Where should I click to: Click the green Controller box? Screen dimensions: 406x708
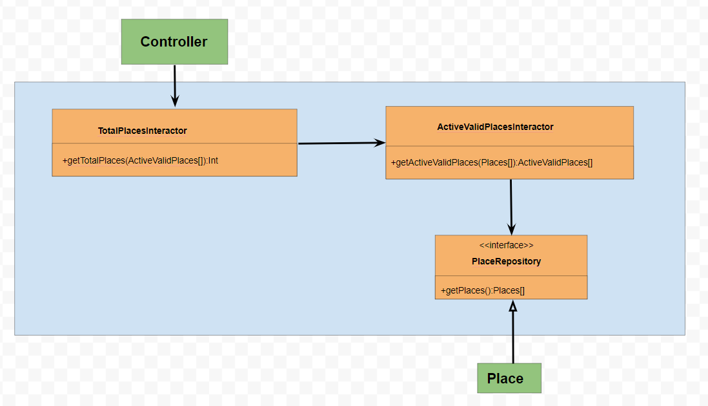pos(174,41)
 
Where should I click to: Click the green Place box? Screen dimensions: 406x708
pos(509,378)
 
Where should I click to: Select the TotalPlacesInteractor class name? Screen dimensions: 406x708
pos(142,131)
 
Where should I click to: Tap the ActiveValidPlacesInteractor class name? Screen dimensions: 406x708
pos(495,127)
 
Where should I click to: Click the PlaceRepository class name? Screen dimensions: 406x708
pos(506,262)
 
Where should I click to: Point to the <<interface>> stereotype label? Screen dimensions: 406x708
pos(506,246)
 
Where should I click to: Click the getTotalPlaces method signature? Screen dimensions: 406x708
pos(140,160)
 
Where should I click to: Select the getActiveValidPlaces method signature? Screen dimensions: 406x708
pos(491,162)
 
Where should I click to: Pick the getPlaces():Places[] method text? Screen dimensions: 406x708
pos(482,291)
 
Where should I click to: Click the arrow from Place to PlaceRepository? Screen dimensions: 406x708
pos(513,336)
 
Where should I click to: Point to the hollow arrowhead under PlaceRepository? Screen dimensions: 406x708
pos(513,306)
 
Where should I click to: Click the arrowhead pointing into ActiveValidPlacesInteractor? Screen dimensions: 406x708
pos(380,143)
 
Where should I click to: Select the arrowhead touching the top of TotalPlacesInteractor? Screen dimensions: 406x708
pos(175,101)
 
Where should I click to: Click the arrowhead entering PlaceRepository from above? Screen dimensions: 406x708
pos(511,229)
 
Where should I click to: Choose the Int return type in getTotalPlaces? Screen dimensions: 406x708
pos(213,160)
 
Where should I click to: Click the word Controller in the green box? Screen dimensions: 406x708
pos(174,42)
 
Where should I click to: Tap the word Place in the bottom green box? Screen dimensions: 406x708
pos(505,379)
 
